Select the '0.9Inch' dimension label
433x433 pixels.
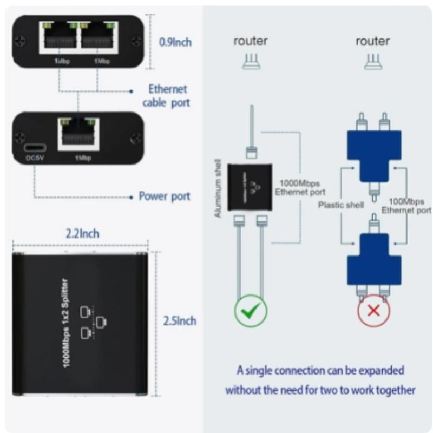(x=175, y=42)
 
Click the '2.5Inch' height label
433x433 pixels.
(x=180, y=320)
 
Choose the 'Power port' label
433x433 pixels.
(x=165, y=196)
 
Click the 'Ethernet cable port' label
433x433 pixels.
(x=168, y=96)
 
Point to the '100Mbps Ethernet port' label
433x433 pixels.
(x=407, y=206)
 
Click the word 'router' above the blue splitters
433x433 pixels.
(x=373, y=41)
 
